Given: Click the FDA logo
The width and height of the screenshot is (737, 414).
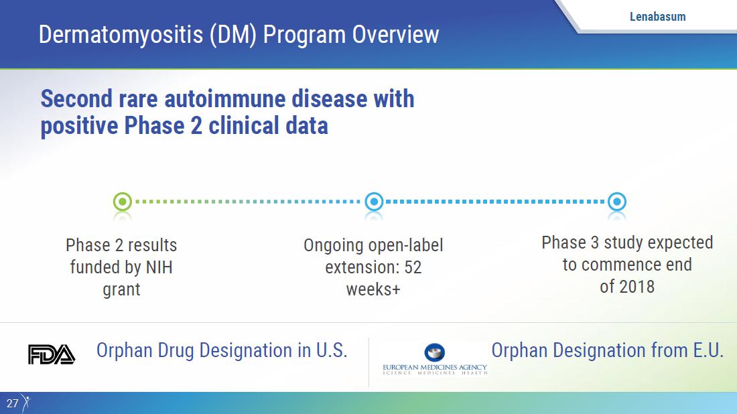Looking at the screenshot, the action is point(52,354).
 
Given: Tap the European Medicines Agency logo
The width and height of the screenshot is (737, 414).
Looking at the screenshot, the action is point(435,360).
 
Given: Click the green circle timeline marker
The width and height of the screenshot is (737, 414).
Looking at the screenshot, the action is point(123,202).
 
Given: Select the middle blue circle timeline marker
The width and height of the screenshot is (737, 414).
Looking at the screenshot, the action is point(374,202).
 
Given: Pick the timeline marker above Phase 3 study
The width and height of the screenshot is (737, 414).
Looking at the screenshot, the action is point(616,202).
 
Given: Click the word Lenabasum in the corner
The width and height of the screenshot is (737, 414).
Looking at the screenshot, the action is point(657,17).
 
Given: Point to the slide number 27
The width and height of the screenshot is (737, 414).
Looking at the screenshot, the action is point(12,403).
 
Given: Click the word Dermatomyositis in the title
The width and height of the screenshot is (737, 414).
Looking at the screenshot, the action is point(121,36).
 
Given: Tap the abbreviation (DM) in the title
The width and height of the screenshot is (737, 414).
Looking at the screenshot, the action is point(233,36).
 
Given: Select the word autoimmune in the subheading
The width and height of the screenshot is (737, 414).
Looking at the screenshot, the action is point(225,98).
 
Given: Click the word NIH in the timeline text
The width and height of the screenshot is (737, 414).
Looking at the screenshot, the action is point(159,267).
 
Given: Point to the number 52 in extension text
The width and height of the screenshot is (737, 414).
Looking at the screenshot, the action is point(413,267).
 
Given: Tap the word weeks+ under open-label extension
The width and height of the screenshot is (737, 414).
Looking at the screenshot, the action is point(373,289).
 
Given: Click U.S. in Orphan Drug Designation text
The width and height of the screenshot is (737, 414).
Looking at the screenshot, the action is point(332,350).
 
